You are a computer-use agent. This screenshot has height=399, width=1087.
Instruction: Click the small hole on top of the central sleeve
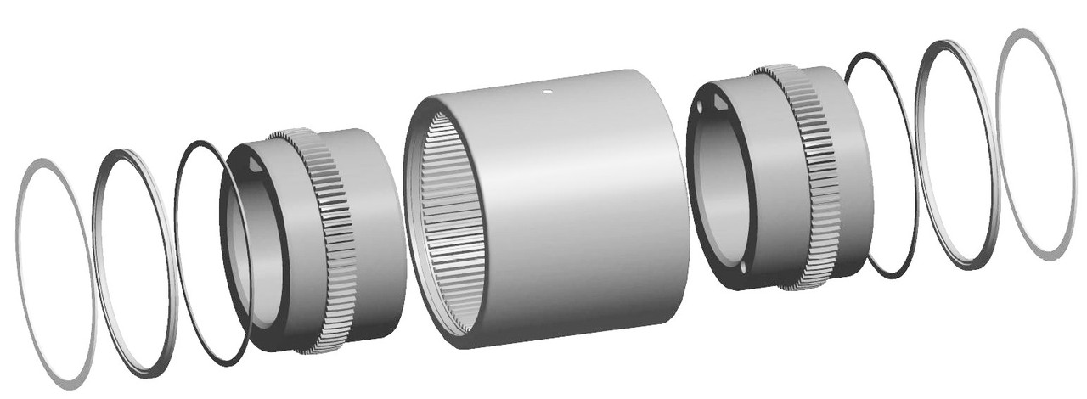click(x=548, y=85)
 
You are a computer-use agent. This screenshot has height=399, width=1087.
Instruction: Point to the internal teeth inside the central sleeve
click(x=442, y=221)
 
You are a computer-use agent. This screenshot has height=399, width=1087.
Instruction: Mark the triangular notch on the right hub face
click(x=717, y=104)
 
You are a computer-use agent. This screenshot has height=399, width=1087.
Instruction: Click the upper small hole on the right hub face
click(x=698, y=110)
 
